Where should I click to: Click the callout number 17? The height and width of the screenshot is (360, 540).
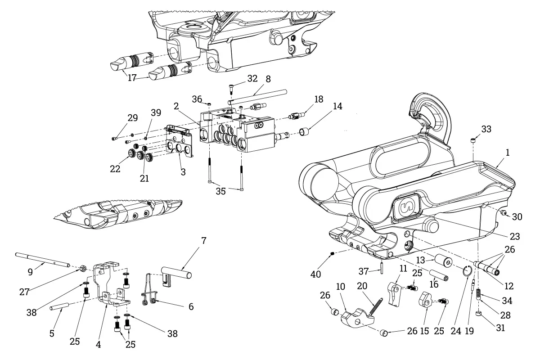(132, 78)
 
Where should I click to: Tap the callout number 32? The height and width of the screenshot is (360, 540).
(252, 78)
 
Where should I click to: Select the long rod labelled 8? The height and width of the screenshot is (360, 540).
(258, 97)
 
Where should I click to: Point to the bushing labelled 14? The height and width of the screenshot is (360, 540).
(305, 132)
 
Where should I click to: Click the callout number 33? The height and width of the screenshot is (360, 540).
(486, 129)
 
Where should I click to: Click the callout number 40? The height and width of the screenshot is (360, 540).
(315, 274)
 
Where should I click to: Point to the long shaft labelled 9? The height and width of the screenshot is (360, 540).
(42, 260)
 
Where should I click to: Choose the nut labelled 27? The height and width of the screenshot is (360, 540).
(82, 268)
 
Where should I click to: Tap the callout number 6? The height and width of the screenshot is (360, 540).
(191, 307)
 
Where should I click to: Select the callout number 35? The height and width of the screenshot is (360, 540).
(220, 191)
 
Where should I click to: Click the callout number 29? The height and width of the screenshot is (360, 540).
(133, 118)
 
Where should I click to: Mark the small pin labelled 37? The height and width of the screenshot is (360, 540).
(382, 267)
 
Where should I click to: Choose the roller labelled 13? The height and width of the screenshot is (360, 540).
(443, 262)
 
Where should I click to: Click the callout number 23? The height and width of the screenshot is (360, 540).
(515, 236)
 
